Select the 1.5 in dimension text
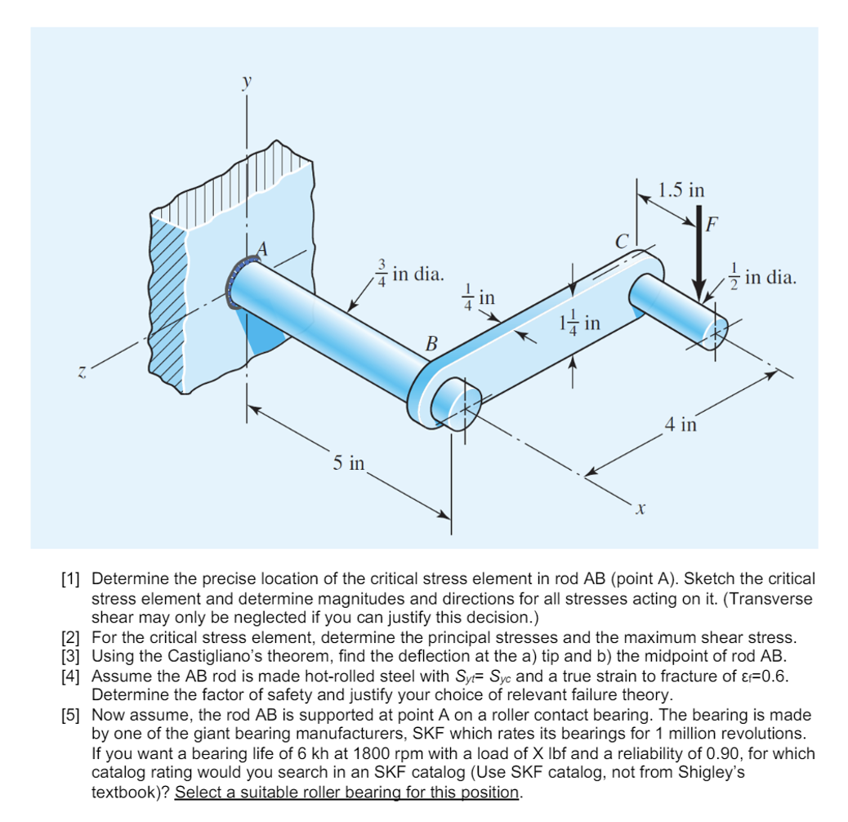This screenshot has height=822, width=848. click(681, 190)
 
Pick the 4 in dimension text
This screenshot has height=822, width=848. click(680, 424)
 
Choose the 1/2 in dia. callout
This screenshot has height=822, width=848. click(761, 277)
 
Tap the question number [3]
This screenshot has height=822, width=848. click(73, 655)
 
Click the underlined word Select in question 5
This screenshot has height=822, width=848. click(196, 792)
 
